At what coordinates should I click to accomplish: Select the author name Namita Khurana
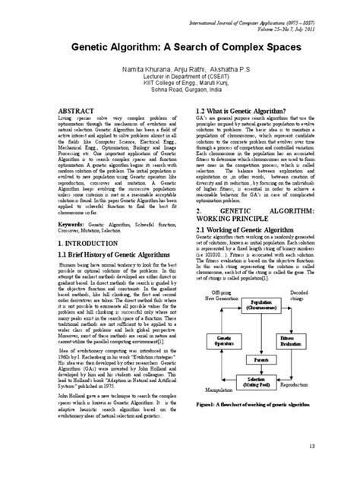pyautogui.click(x=125, y=67)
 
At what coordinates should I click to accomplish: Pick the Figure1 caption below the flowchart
pyautogui.click(x=261, y=428)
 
